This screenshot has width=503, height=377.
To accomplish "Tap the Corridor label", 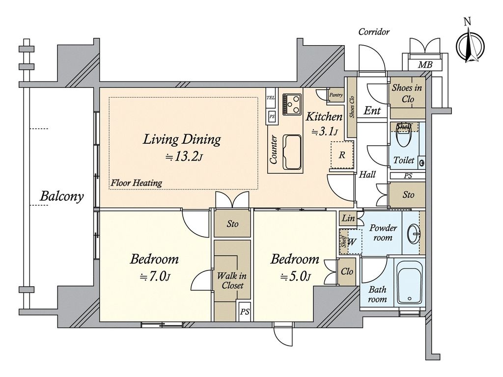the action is (374, 32).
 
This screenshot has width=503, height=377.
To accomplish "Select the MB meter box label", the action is (425, 65).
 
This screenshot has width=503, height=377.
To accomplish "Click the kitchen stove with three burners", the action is (292, 104).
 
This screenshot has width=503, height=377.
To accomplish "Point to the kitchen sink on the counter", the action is (292, 152).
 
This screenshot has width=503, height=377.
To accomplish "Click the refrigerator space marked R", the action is (342, 155).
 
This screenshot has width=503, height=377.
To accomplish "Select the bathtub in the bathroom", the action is (409, 283).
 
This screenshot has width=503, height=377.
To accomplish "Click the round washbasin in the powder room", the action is (414, 233).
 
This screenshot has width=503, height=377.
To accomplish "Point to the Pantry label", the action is (336, 95).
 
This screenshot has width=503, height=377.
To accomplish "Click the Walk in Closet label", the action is (232, 280).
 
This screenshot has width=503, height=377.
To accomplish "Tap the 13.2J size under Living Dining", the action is (184, 157).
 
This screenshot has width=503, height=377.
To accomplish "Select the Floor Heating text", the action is (137, 183).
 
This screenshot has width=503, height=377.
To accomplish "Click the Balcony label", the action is (61, 196).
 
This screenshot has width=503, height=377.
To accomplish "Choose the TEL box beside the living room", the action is (271, 98).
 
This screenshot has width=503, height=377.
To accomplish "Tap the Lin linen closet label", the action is (348, 218).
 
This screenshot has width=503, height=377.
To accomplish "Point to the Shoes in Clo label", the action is (407, 93).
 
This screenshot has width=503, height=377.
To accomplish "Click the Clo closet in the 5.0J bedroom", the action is (347, 271).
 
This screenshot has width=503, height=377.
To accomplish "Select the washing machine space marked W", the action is (352, 242).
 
